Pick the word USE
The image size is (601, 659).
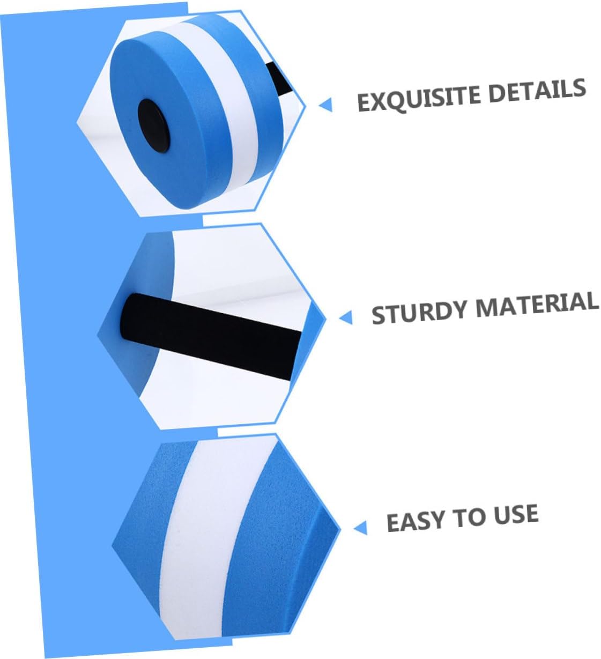[x=515, y=515]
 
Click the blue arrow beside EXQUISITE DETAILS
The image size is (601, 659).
[x=325, y=105]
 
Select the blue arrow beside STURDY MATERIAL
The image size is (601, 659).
[x=346, y=317]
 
